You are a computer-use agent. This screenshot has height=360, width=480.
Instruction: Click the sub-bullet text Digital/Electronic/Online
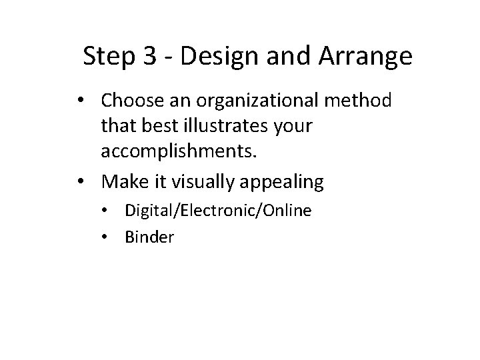[217, 211]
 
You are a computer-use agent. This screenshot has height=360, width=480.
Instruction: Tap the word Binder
[149, 237]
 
